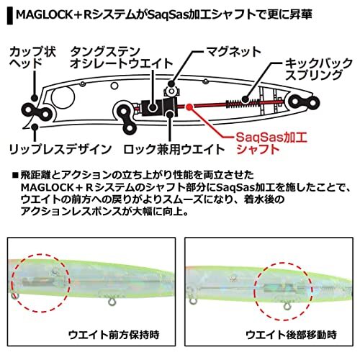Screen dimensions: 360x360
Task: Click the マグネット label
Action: (234, 52)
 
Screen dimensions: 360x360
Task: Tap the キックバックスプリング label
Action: (318, 69)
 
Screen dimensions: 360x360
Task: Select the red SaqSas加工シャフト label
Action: (271, 143)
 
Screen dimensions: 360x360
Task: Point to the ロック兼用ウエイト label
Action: (174, 149)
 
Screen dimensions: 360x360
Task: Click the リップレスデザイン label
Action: (60, 149)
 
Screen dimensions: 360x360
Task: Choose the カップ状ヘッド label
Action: (32, 58)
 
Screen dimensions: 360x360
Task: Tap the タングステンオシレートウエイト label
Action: (122, 58)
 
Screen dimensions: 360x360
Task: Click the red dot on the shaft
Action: (189, 107)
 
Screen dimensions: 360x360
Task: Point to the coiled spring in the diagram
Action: (243, 104)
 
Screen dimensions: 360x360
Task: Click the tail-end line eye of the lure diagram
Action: (305, 102)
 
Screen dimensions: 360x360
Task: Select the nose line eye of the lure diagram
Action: (37, 114)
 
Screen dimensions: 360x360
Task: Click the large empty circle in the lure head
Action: (63, 98)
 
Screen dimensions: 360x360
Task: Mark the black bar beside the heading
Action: (10, 16)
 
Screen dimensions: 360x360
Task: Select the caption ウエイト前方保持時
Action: (114, 335)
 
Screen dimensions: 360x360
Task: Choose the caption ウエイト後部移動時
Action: (292, 335)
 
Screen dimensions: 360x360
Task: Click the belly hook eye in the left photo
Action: (112, 301)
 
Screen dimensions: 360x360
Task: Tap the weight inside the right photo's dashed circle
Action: (279, 288)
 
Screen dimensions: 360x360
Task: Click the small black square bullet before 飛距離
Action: (15, 175)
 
